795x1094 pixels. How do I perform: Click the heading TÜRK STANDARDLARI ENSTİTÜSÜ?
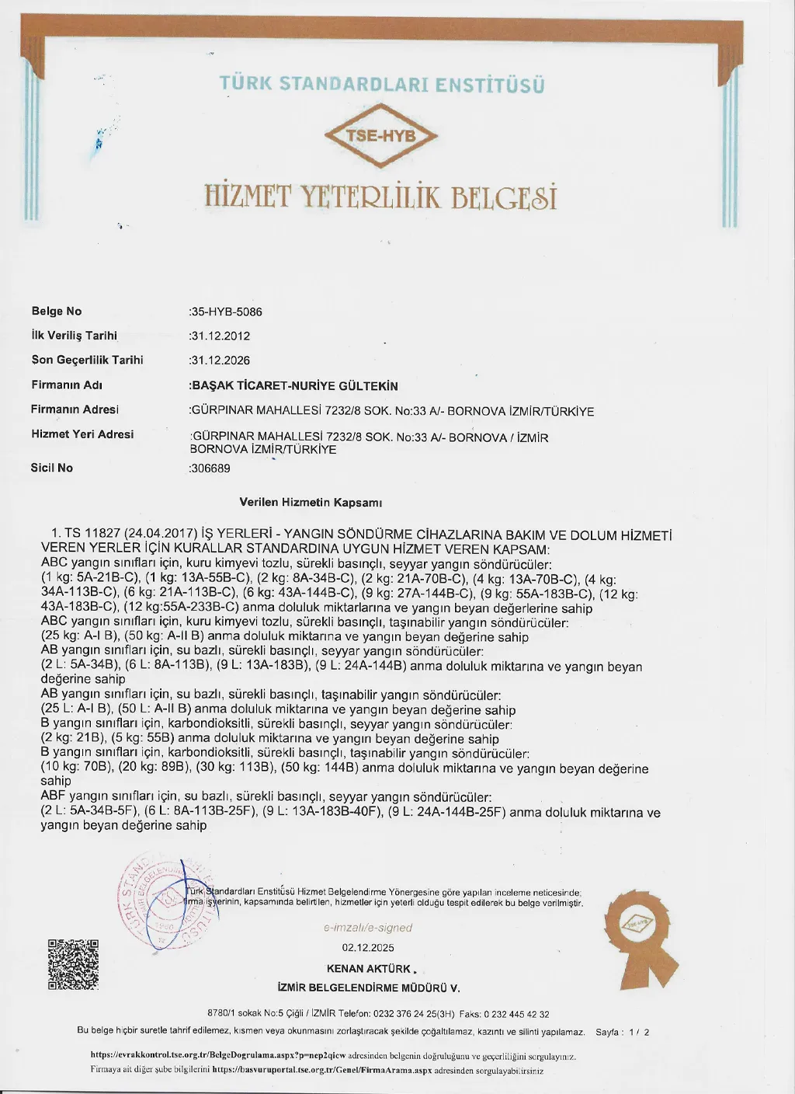[381, 84]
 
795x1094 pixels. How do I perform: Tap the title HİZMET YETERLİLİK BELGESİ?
[381, 195]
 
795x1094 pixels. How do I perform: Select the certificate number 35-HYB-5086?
[226, 312]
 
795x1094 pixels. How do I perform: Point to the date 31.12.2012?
[220, 336]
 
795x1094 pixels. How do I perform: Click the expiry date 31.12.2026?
[220, 361]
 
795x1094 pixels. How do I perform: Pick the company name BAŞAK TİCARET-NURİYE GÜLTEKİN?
[294, 385]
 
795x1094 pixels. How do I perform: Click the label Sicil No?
[52, 468]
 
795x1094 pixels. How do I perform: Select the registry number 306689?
[210, 469]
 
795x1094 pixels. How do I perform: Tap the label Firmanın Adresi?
[75, 409]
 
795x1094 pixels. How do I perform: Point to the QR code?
[74, 964]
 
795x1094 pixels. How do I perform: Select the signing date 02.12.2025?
[368, 947]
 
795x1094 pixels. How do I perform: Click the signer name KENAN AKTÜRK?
[369, 969]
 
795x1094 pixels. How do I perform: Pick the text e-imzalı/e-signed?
[368, 928]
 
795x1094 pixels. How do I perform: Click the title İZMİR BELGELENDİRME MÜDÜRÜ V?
[369, 988]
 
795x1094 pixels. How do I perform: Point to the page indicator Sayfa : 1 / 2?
[622, 1033]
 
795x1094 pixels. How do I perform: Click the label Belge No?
[57, 312]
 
